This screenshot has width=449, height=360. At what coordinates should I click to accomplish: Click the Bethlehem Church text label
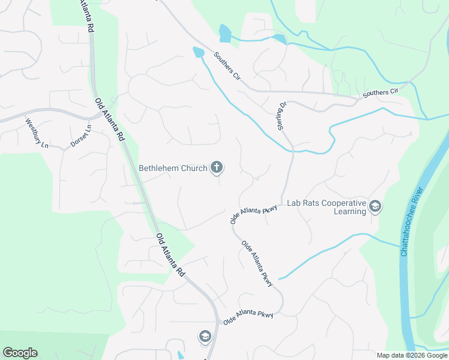pyautogui.click(x=173, y=168)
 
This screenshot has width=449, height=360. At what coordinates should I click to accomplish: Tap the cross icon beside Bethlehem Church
pyautogui.click(x=217, y=167)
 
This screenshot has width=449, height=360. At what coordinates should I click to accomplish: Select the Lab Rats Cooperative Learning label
pyautogui.click(x=327, y=207)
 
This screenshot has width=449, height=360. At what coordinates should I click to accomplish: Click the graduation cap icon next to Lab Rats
pyautogui.click(x=375, y=207)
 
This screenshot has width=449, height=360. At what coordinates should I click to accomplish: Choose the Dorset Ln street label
pyautogui.click(x=80, y=136)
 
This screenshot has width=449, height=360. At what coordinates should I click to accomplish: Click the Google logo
pyautogui.click(x=20, y=353)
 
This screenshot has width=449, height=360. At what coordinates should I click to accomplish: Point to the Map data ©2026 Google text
pyautogui.click(x=412, y=355)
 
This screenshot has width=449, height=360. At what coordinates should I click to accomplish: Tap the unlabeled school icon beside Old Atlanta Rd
pyautogui.click(x=205, y=337)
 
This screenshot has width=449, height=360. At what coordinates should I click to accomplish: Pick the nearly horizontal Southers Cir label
pyautogui.click(x=381, y=92)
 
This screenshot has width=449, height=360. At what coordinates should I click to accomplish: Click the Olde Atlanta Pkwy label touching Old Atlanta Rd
pyautogui.click(x=248, y=317)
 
